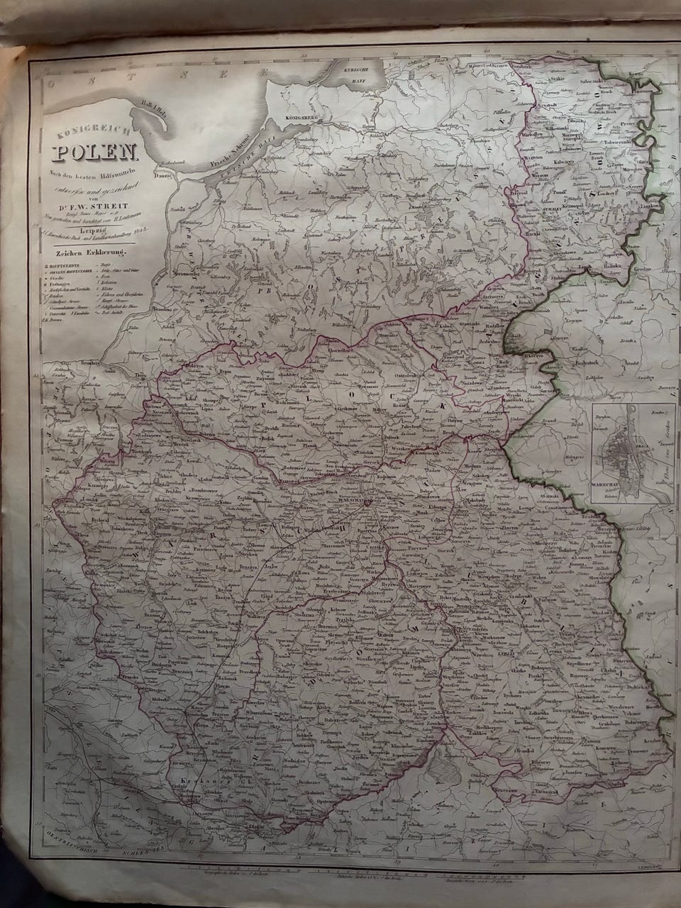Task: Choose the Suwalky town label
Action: point(562,209)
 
